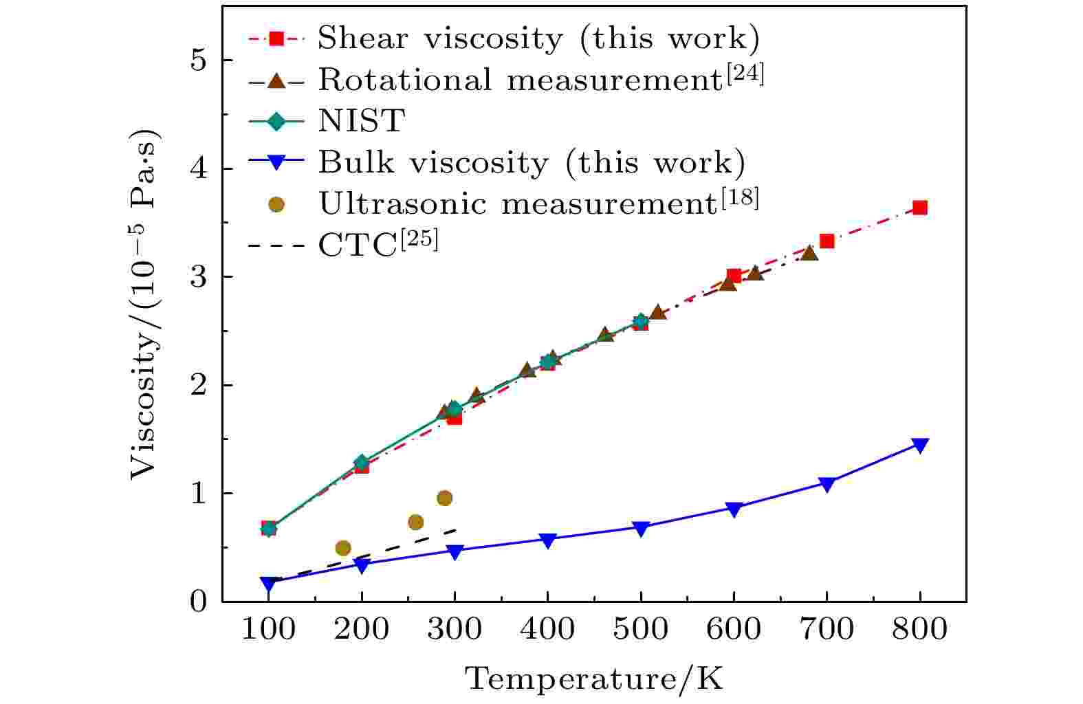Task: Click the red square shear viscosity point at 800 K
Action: pos(919,208)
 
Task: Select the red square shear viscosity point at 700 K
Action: pos(827,241)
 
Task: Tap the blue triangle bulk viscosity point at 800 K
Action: pos(919,445)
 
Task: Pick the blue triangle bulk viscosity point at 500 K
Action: pos(640,528)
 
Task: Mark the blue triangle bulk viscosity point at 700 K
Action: pos(827,484)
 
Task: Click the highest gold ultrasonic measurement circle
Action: pos(444,498)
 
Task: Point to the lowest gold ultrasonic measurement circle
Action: pos(342,548)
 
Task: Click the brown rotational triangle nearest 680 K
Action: pos(809,253)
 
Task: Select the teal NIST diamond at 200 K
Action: pos(361,463)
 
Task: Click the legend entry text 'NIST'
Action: pos(361,122)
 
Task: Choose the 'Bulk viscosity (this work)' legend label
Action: pos(532,163)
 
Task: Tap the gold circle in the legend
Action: pos(276,204)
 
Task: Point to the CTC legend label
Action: pos(378,245)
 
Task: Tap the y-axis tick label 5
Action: pos(197,60)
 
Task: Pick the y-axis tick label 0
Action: pos(197,602)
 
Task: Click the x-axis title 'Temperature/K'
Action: pos(595,679)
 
